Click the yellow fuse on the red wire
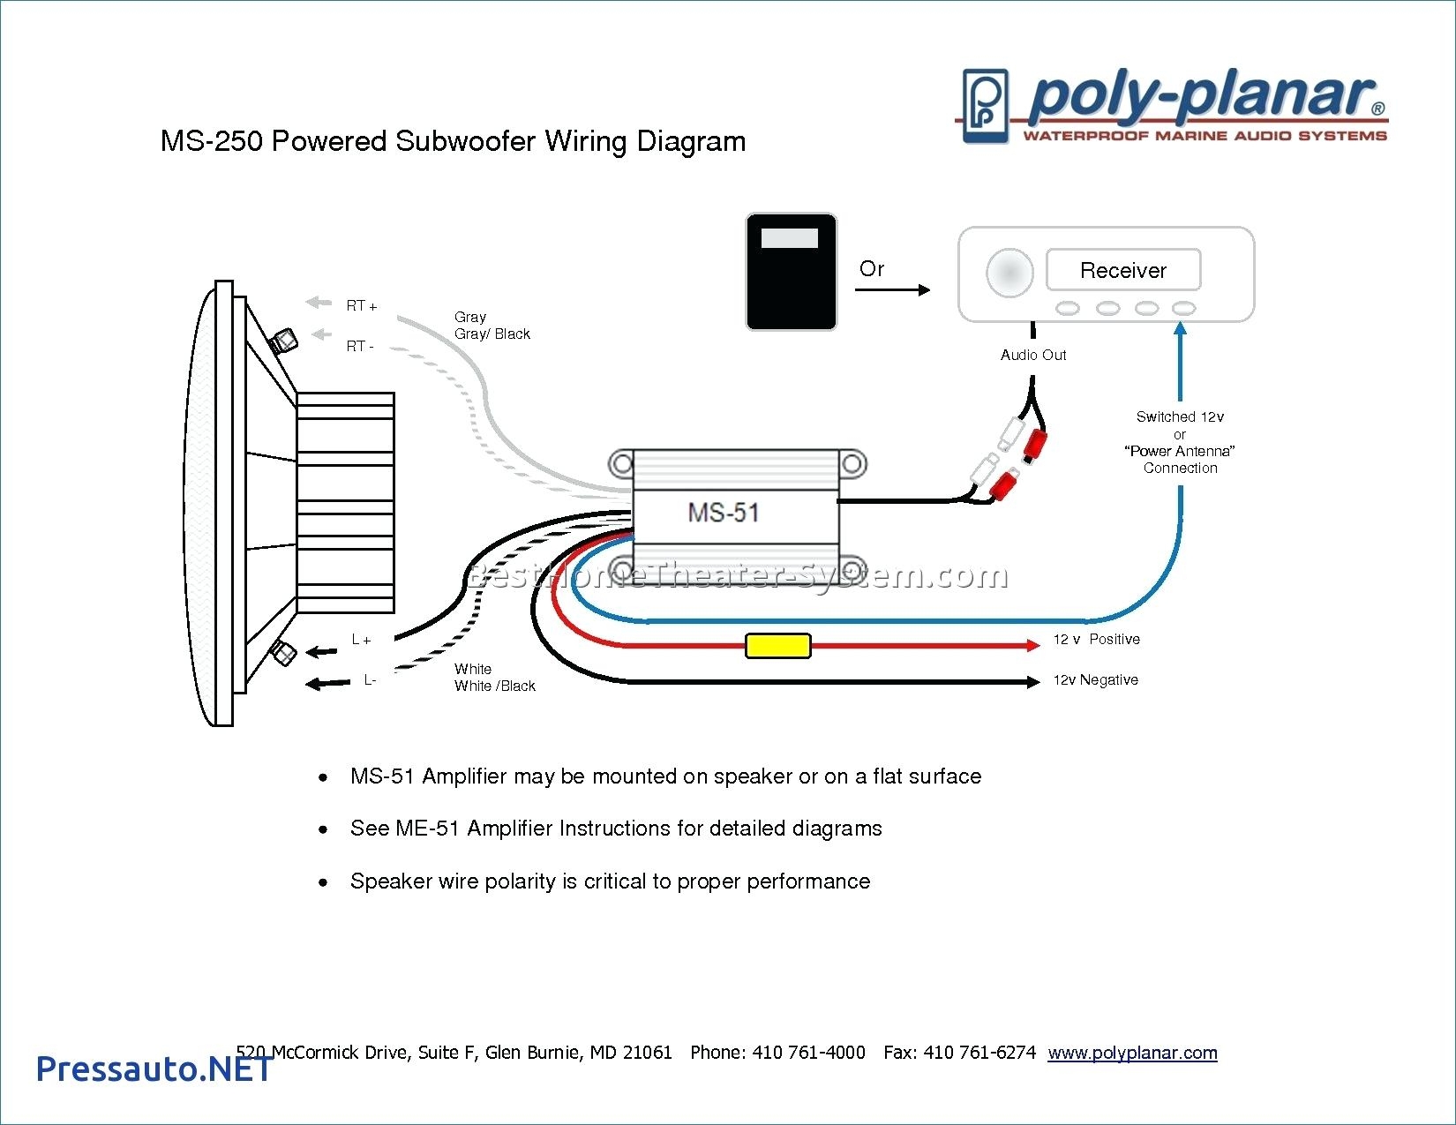coord(777,646)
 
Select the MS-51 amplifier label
coord(723,513)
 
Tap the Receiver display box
coord(1122,270)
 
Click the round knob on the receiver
coord(1009,272)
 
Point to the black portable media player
coord(791,272)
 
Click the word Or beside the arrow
coord(871,269)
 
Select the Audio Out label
coord(1032,355)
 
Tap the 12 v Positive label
coord(1096,639)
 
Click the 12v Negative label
coord(1095,679)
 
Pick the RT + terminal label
coord(361,306)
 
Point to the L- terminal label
coord(370,679)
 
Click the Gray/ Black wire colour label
coord(492,334)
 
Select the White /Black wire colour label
coord(494,686)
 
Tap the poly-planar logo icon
coord(985,106)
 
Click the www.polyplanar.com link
coord(1132,1052)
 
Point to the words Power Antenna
coord(1179,451)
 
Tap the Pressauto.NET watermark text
coord(154,1069)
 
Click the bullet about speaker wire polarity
coord(610,881)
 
